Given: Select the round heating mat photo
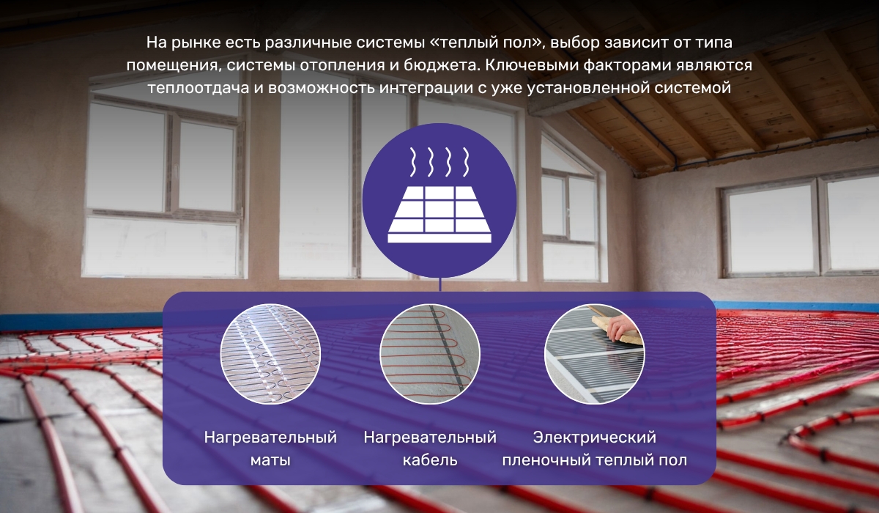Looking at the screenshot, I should pyautogui.click(x=270, y=354).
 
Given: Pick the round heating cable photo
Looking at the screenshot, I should pyautogui.click(x=430, y=354).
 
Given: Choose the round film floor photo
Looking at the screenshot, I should pyautogui.click(x=594, y=354).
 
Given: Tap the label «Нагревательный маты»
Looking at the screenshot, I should pyautogui.click(x=270, y=449).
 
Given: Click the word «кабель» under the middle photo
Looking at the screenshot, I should pyautogui.click(x=430, y=461).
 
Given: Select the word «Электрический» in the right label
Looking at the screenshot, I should pyautogui.click(x=594, y=438).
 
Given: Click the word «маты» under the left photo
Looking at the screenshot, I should pyautogui.click(x=270, y=461).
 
